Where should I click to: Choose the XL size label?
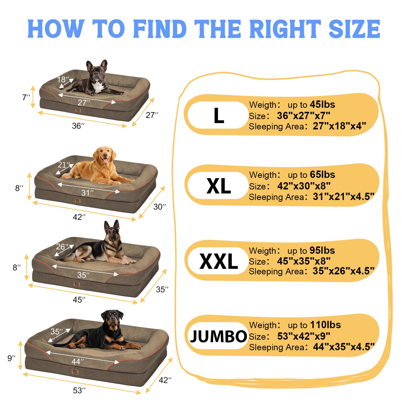click(219, 186)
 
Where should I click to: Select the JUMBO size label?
click(219, 336)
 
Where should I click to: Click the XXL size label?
click(219, 261)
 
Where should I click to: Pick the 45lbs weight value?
click(322, 104)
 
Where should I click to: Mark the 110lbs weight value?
click(325, 325)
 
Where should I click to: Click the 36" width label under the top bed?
click(78, 126)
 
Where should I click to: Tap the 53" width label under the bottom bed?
click(79, 390)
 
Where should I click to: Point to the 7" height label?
click(26, 97)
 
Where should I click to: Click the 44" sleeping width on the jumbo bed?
click(78, 362)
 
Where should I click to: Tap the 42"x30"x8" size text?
click(304, 186)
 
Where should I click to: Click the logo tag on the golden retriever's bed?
click(77, 200)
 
